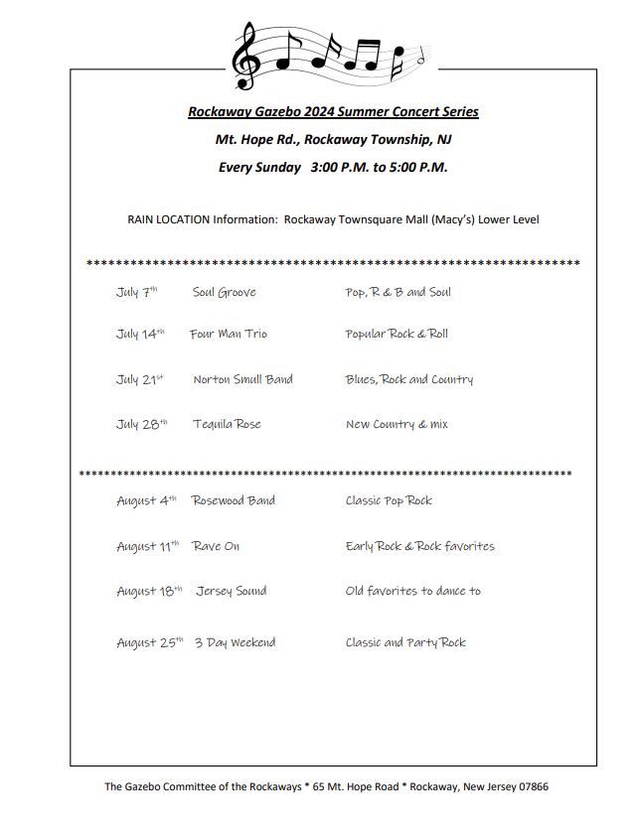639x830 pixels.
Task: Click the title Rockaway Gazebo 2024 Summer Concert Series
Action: (333, 112)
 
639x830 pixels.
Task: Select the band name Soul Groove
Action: (224, 292)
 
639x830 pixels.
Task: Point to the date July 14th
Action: (140, 334)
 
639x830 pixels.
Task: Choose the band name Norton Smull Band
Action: (242, 379)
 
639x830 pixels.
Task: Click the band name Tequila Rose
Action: (227, 424)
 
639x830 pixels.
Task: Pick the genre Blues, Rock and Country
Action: (409, 379)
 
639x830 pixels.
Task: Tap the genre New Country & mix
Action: (397, 424)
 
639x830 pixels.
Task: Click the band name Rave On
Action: (216, 546)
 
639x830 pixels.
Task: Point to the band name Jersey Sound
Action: (231, 591)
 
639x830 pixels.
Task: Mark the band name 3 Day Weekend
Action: (235, 642)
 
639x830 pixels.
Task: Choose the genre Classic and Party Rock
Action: (405, 642)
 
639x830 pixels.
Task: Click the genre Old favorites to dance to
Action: (412, 591)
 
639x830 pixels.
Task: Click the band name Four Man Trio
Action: (229, 334)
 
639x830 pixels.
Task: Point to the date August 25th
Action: (149, 642)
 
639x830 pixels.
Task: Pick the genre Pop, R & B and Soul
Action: (398, 292)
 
